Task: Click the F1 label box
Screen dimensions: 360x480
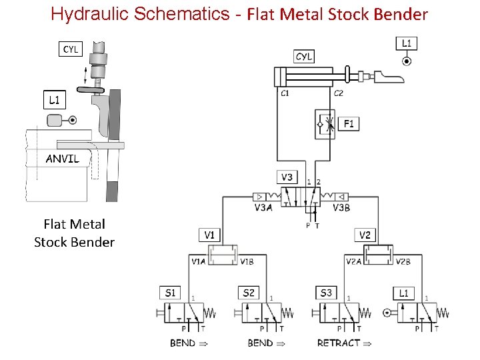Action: (x=349, y=123)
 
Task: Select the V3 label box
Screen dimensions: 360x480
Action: (x=287, y=177)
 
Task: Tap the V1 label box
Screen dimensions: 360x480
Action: (x=209, y=235)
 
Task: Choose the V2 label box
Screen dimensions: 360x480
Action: (x=365, y=235)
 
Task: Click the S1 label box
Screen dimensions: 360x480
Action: (x=170, y=293)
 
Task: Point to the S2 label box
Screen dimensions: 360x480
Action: (x=249, y=293)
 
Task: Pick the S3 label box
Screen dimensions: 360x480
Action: (x=326, y=293)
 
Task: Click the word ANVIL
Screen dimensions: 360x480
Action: (x=62, y=159)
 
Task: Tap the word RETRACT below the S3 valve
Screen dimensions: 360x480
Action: (x=339, y=343)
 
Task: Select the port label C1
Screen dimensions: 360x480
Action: (x=285, y=93)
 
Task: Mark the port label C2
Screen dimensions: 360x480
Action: (x=338, y=93)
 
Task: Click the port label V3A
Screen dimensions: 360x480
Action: (x=263, y=207)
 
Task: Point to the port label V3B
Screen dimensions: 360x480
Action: (x=341, y=207)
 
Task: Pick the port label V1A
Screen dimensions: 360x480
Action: (x=199, y=262)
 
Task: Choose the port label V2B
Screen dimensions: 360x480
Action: (x=403, y=262)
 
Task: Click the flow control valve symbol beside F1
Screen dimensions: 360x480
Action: (x=326, y=125)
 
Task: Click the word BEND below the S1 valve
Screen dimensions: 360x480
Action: (x=183, y=343)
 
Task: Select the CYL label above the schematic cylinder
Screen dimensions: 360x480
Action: (x=304, y=57)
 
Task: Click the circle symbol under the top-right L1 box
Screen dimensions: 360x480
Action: (x=407, y=61)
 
